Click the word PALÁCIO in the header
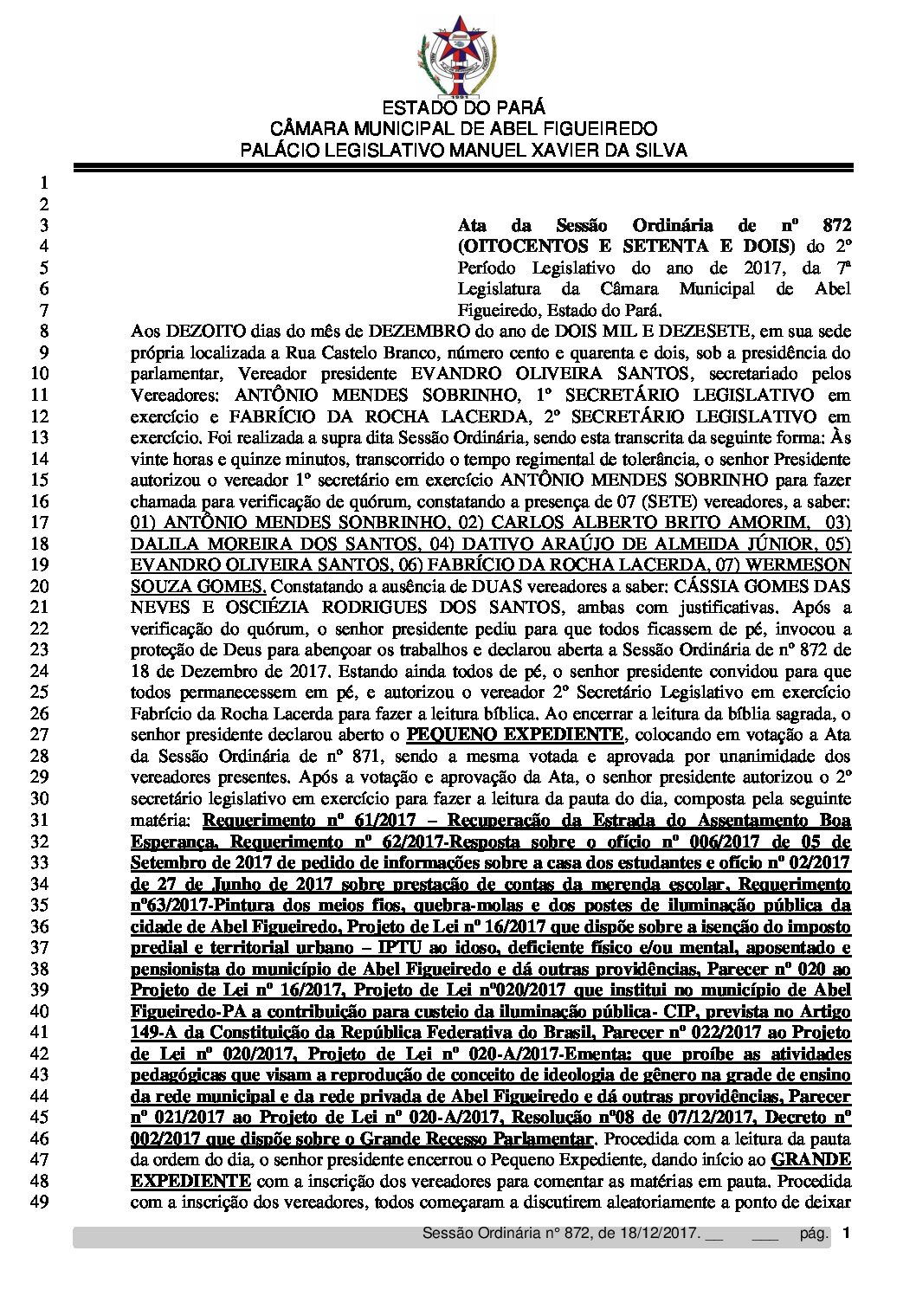tap(274, 150)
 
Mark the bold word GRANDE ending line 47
tap(811, 1159)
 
